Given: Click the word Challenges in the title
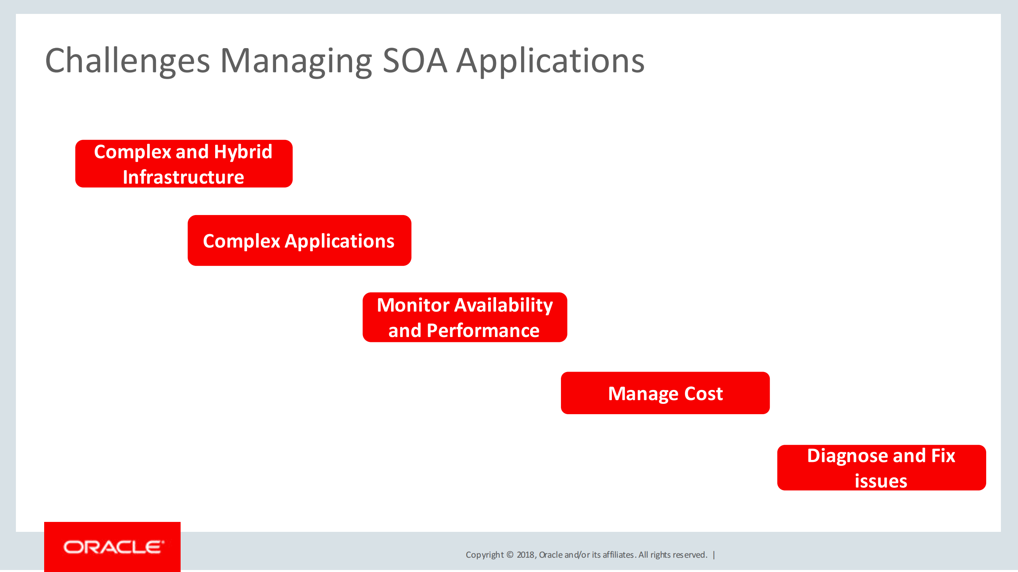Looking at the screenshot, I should [x=127, y=61].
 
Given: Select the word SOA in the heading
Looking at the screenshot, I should [x=415, y=61].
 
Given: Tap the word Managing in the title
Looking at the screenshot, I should [x=296, y=61].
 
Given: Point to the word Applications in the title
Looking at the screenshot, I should [x=550, y=61].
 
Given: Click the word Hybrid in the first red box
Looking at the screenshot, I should [x=243, y=152].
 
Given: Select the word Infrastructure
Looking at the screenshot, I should [x=183, y=177].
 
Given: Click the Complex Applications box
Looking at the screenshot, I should [x=299, y=241].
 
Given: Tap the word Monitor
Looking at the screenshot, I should [x=413, y=305].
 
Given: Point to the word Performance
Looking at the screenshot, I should [x=483, y=331].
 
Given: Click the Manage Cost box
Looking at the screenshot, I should [x=665, y=393].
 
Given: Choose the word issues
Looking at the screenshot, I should [x=881, y=481].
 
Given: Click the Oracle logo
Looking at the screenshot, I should [x=113, y=547].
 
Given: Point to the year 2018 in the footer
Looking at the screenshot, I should [x=526, y=555].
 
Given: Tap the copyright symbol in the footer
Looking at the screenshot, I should [x=510, y=555].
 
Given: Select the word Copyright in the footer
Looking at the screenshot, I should [x=485, y=555].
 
